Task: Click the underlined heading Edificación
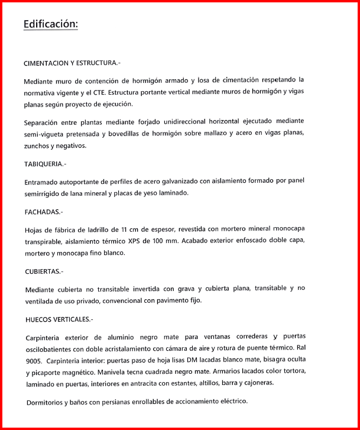point(50,24)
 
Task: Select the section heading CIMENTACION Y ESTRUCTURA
point(72,63)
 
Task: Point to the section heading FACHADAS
point(43,211)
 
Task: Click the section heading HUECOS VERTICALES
point(59,319)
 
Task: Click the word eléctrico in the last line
point(231,402)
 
